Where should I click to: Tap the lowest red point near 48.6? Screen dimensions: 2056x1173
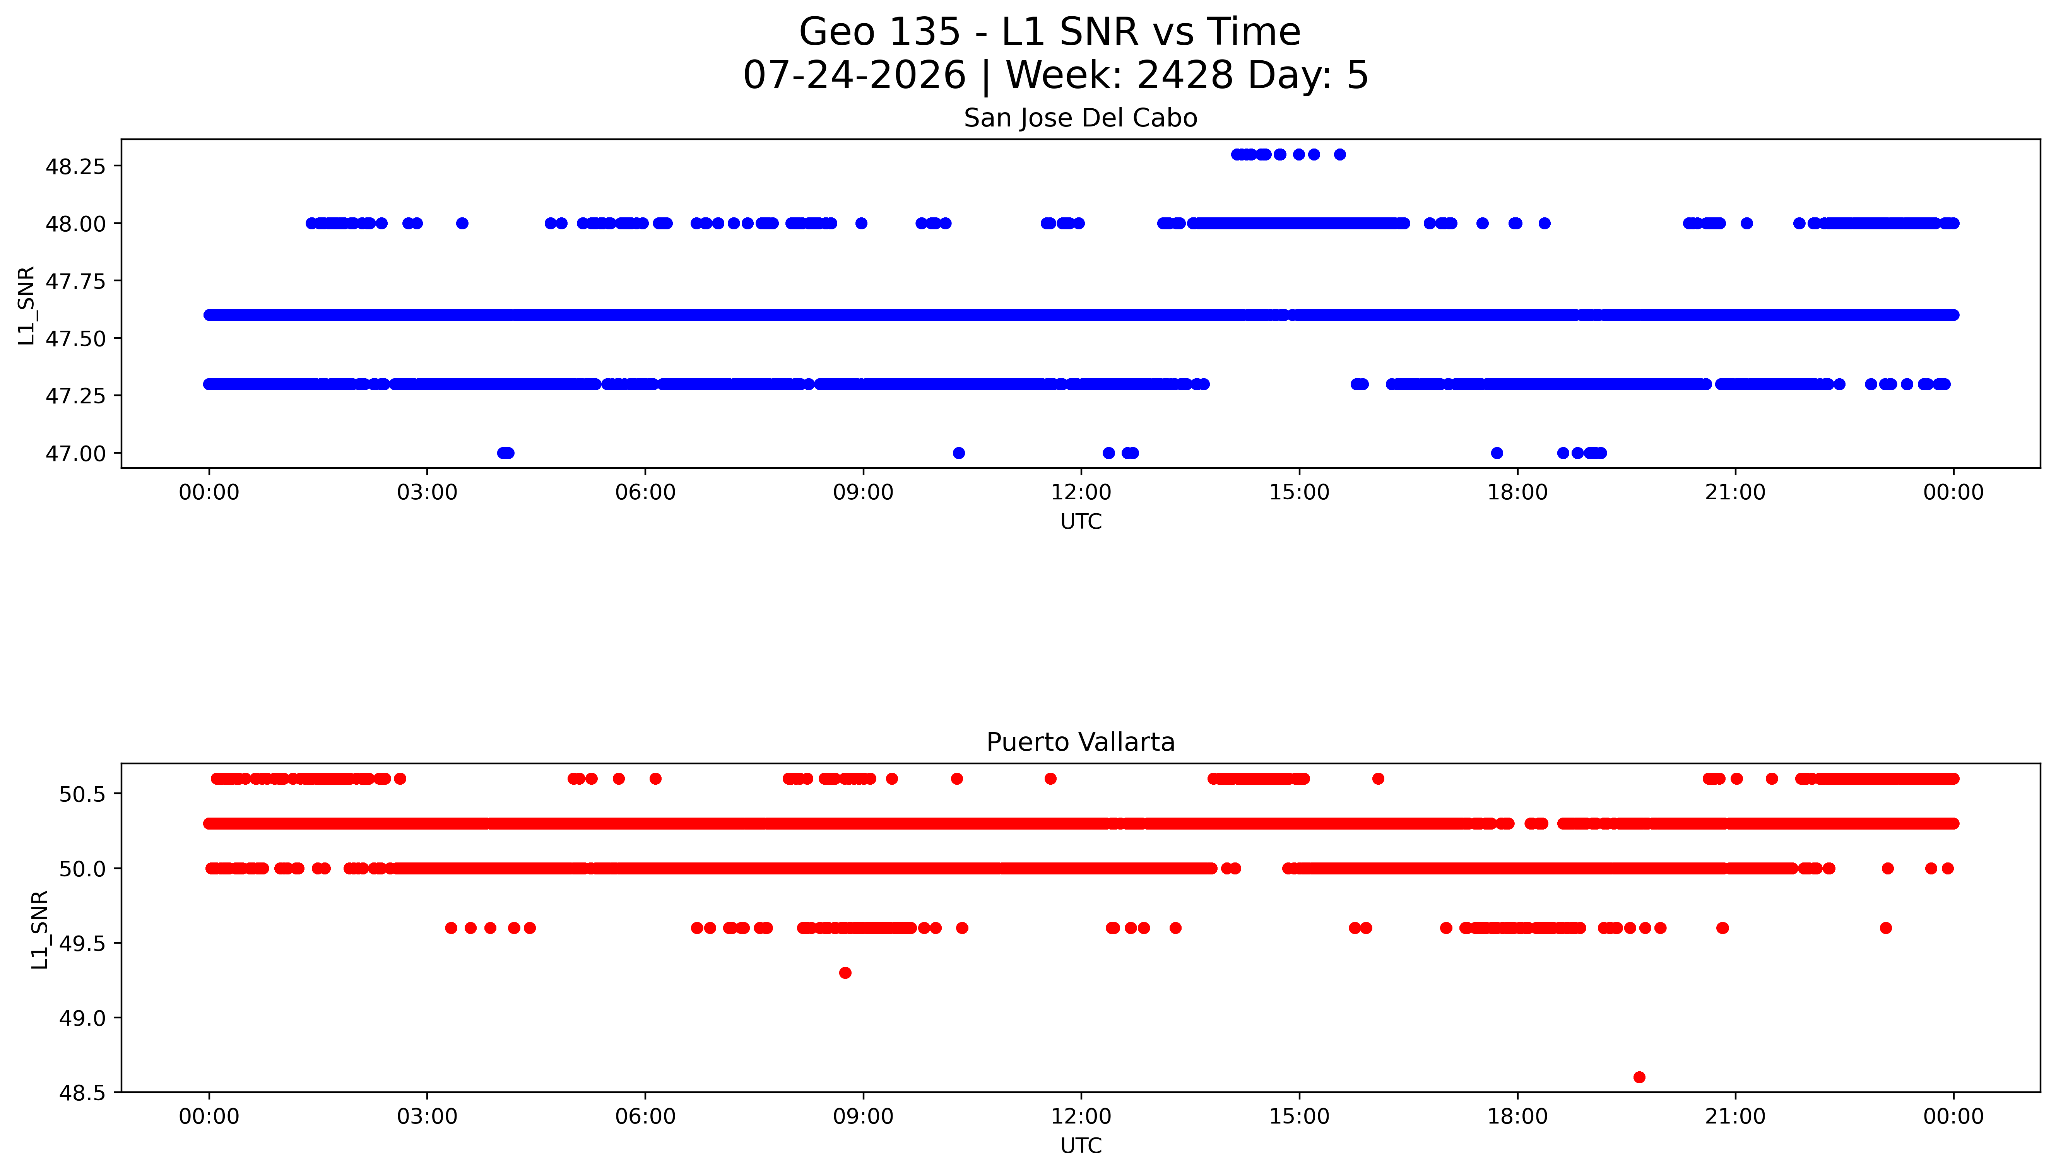1639,1077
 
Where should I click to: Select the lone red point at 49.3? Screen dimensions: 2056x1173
845,972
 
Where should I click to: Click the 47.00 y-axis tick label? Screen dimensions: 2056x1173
75,454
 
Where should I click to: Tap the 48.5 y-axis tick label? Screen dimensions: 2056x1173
82,1093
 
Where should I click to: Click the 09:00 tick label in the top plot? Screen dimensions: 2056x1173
863,492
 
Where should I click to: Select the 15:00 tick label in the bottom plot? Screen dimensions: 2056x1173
1299,1117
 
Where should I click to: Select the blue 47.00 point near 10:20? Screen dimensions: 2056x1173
958,453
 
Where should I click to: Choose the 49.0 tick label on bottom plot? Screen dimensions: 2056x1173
82,1018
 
